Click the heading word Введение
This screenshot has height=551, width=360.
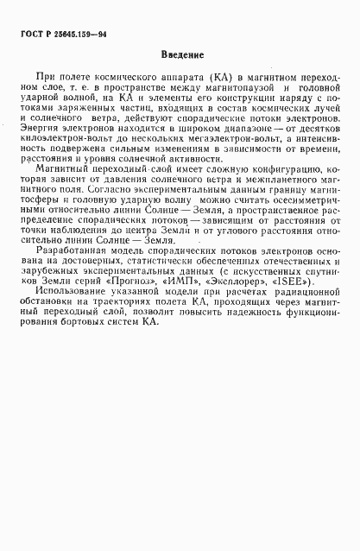pos(180,55)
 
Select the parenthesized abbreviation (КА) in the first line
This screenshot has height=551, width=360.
pos(211,77)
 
